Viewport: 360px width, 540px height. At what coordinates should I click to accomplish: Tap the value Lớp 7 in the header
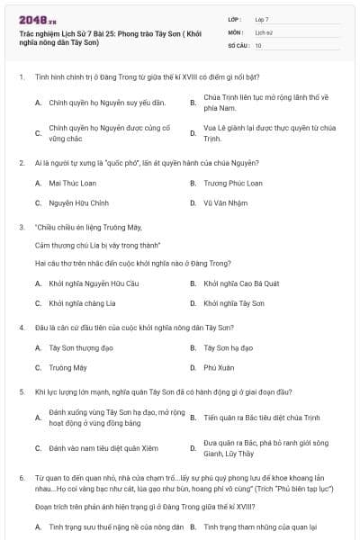click(262, 18)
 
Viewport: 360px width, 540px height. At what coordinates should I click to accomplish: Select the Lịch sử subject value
click(263, 31)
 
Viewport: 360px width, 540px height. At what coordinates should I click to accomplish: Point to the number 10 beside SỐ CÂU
click(258, 44)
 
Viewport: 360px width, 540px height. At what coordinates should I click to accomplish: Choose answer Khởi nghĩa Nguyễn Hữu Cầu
click(88, 283)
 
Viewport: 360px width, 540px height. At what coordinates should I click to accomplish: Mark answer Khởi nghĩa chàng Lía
click(82, 303)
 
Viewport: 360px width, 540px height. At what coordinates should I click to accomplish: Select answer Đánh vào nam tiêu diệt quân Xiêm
click(97, 447)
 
